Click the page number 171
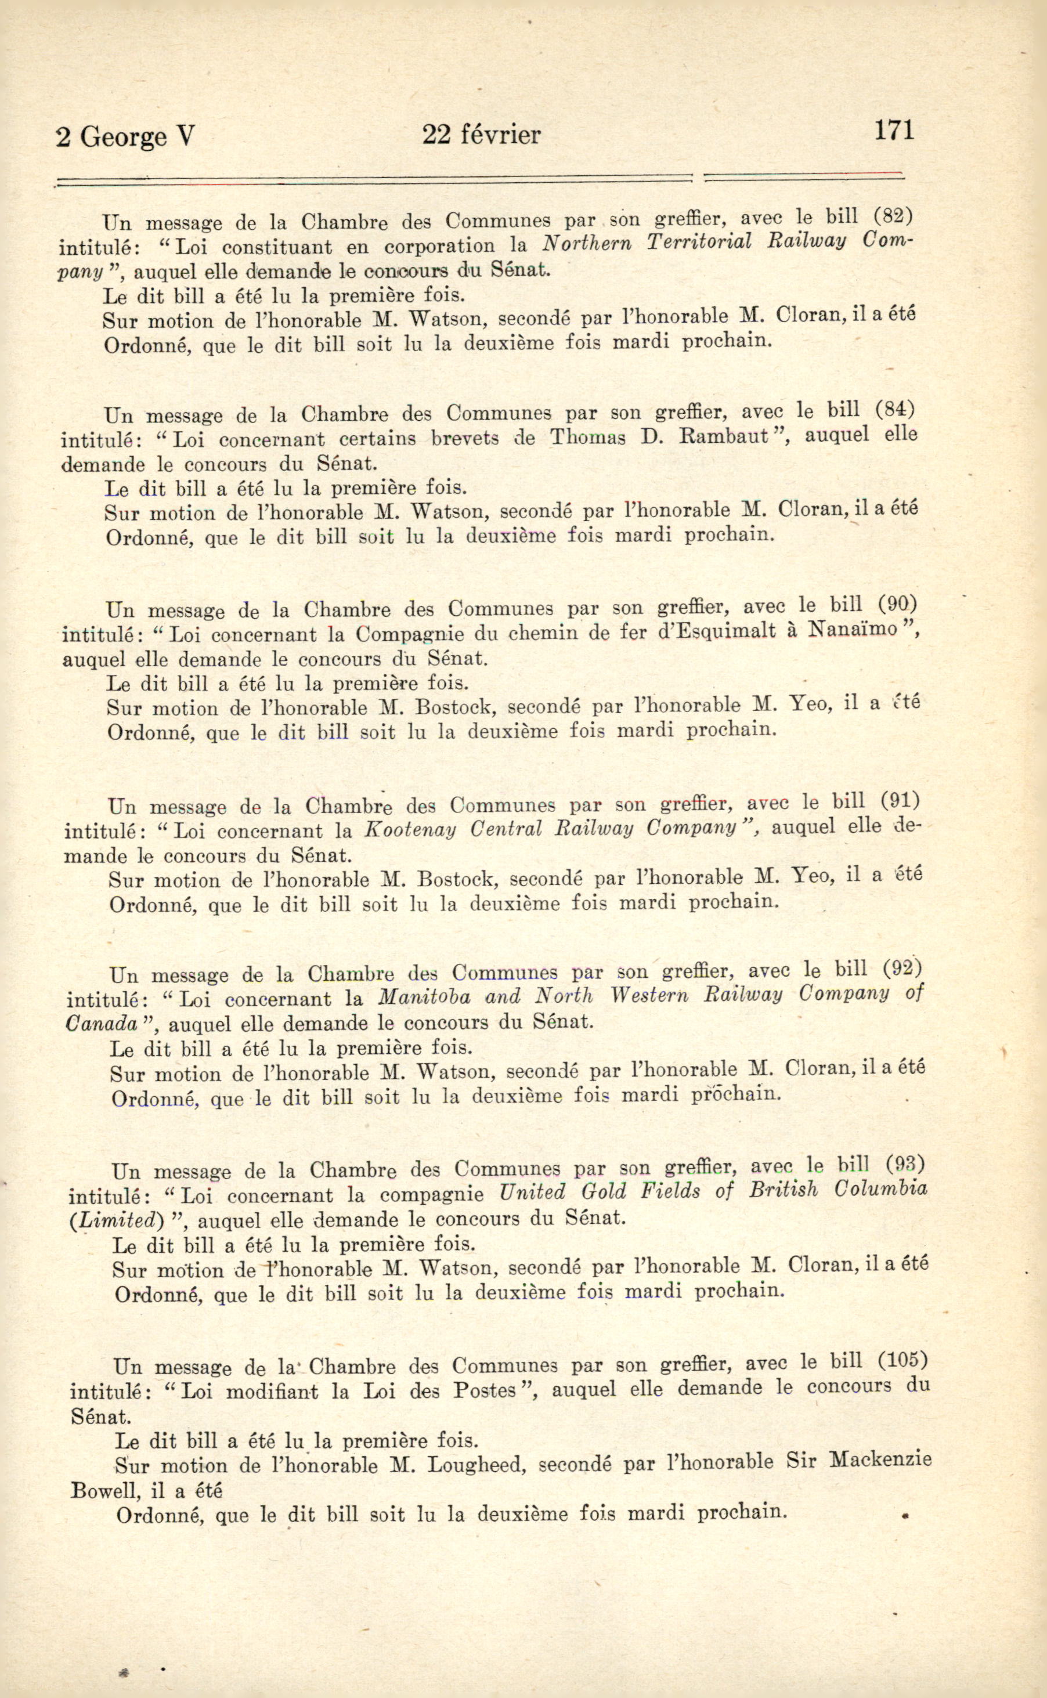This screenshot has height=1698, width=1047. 893,130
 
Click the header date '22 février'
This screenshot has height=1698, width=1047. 481,134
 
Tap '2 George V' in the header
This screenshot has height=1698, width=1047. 125,137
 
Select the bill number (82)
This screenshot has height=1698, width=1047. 893,216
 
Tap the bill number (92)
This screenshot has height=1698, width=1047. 904,968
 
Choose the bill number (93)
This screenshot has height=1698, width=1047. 905,1164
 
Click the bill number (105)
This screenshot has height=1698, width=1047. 901,1360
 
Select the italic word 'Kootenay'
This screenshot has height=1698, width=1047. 410,829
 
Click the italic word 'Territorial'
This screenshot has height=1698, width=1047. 699,242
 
